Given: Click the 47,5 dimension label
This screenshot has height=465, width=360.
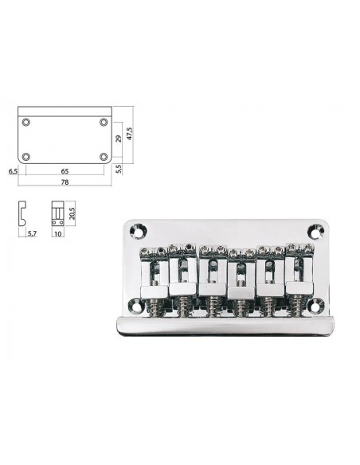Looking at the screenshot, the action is click(x=130, y=133).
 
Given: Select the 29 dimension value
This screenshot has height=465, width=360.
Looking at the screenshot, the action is click(x=119, y=139).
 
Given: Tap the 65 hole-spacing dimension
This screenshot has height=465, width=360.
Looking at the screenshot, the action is click(x=65, y=171).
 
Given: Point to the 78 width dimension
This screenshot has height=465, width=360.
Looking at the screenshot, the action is click(x=65, y=182).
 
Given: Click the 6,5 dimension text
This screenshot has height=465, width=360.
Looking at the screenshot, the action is click(x=13, y=171).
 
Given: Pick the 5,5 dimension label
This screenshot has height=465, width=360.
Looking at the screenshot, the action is click(x=119, y=169).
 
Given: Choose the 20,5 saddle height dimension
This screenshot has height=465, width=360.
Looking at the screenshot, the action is click(x=72, y=213).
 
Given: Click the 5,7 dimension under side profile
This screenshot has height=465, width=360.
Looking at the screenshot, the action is click(x=32, y=233).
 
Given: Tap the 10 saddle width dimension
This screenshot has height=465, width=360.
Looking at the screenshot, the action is click(x=58, y=233).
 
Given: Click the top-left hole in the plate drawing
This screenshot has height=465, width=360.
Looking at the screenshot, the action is click(x=26, y=122).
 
